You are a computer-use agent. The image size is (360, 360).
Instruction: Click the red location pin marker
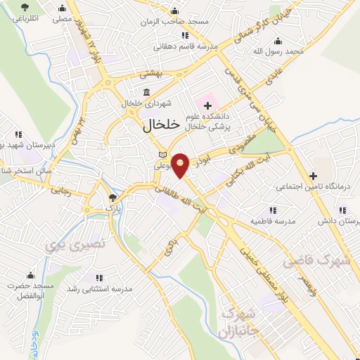point(181,165)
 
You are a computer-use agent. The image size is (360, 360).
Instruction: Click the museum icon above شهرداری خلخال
point(146,92)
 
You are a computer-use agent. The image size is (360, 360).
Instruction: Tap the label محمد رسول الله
point(279,51)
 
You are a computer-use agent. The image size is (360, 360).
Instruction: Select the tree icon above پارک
point(112,198)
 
